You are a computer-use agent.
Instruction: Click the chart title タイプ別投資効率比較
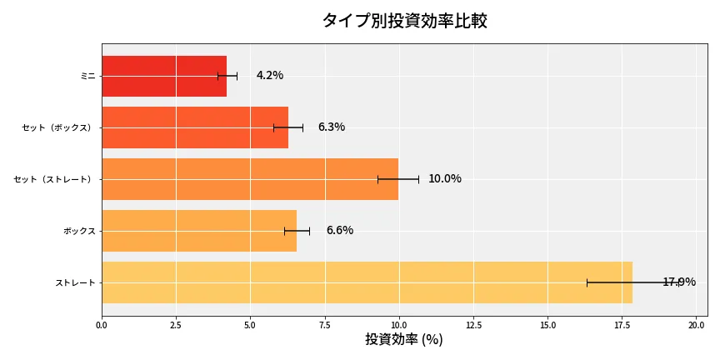(404, 21)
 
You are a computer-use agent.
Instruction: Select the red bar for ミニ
(164, 76)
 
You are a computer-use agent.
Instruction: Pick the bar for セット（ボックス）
(195, 127)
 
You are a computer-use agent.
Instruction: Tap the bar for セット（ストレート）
(250, 179)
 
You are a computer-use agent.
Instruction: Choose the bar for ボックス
(199, 231)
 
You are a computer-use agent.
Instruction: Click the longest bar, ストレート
(367, 282)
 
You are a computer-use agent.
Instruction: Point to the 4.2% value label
(270, 76)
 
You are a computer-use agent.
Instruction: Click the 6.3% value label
(332, 127)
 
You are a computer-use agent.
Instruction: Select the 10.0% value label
(445, 179)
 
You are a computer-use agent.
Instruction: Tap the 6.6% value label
(340, 231)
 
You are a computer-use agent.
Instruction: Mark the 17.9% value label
(679, 282)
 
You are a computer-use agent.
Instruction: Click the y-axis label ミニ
(87, 76)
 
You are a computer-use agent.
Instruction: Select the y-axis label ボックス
(79, 231)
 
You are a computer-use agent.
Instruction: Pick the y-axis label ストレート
(75, 282)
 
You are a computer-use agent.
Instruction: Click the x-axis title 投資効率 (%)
(404, 340)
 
